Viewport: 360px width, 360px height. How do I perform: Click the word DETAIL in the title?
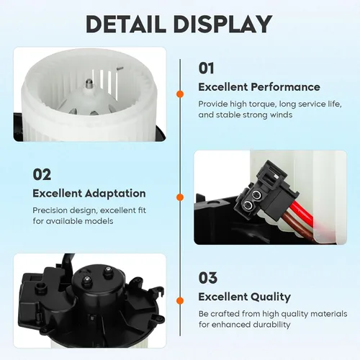(126, 24)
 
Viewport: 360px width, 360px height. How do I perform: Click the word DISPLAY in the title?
(223, 24)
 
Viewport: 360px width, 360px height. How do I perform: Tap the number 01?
(206, 68)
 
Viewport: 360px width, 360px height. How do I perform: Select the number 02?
(42, 174)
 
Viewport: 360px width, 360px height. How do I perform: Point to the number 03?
(208, 278)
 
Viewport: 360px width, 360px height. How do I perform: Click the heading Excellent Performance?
(259, 87)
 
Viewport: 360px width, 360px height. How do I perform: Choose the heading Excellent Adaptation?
(89, 194)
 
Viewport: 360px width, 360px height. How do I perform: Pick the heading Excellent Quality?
(244, 297)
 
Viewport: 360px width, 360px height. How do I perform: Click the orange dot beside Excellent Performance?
(180, 94)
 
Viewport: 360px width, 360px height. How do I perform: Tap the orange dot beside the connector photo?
(180, 197)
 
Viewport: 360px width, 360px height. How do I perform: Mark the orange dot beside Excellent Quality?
(180, 300)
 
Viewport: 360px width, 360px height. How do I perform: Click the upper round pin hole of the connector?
(256, 195)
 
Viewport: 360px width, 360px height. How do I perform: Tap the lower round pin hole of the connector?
(248, 204)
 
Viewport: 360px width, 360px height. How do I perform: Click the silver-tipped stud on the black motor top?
(87, 280)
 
